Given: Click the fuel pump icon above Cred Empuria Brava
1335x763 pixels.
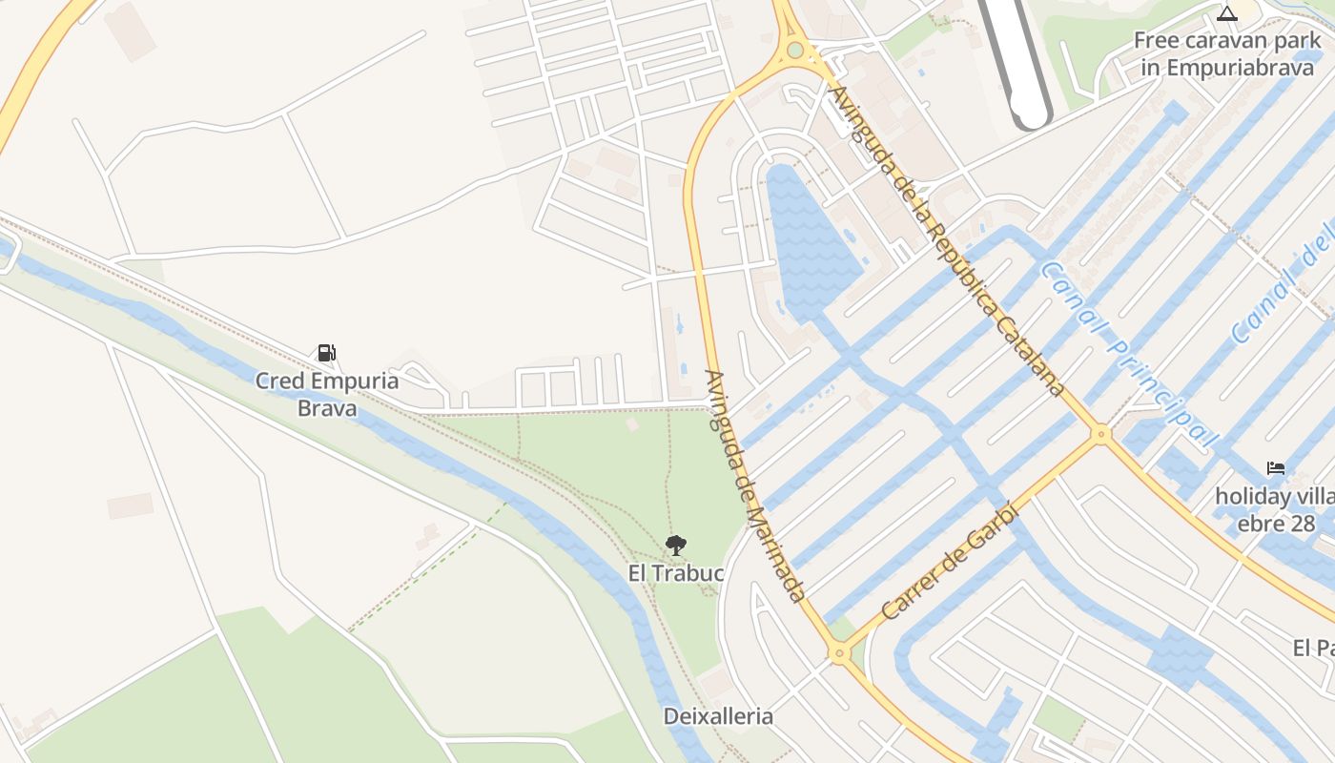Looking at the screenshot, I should click(327, 353).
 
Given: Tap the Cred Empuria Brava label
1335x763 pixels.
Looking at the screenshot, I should click(326, 395).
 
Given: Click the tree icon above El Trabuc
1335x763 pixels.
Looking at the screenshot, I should click(676, 546).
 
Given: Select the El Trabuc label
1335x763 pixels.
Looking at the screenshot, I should click(676, 574).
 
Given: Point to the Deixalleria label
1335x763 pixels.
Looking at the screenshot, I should click(718, 716).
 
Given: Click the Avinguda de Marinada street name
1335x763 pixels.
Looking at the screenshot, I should click(754, 485).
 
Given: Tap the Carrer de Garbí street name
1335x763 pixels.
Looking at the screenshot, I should click(951, 562).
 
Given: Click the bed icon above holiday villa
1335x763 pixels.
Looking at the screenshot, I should click(1276, 467).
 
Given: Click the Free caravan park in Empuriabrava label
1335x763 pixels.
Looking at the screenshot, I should click(1228, 54).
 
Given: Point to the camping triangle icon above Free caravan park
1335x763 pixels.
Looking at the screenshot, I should click(1227, 13).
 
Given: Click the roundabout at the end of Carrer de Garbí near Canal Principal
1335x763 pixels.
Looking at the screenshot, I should click(1101, 434).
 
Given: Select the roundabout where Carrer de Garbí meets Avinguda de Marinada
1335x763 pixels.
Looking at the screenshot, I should click(839, 654).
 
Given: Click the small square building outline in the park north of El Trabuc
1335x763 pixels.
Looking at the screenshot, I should click(631, 423).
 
